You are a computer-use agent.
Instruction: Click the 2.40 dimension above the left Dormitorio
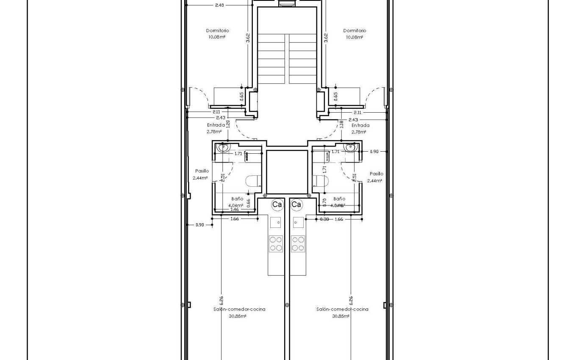(x=219, y=6)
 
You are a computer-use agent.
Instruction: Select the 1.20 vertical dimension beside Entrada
(x=228, y=124)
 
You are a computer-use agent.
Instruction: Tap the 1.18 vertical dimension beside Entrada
(x=341, y=124)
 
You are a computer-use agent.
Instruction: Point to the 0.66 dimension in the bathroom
(x=249, y=202)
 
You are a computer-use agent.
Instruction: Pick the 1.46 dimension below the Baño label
(x=234, y=209)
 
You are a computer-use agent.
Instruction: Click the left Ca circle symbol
(x=277, y=205)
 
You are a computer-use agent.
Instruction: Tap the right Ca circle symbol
(x=296, y=205)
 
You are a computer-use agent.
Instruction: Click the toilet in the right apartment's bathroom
(x=321, y=181)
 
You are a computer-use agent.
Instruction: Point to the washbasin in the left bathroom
(x=223, y=148)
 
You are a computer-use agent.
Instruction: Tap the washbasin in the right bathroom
(x=351, y=148)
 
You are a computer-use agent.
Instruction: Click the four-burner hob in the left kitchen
(x=276, y=244)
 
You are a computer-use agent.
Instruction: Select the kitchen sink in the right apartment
(x=298, y=222)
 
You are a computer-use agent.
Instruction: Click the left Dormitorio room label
(x=217, y=30)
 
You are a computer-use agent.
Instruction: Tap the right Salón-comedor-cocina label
(x=342, y=309)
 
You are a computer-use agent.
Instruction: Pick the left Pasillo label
(x=202, y=171)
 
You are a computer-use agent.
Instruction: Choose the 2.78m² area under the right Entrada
(x=358, y=132)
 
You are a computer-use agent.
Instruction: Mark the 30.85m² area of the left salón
(x=238, y=316)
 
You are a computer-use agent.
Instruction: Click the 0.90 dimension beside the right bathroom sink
(x=374, y=152)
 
